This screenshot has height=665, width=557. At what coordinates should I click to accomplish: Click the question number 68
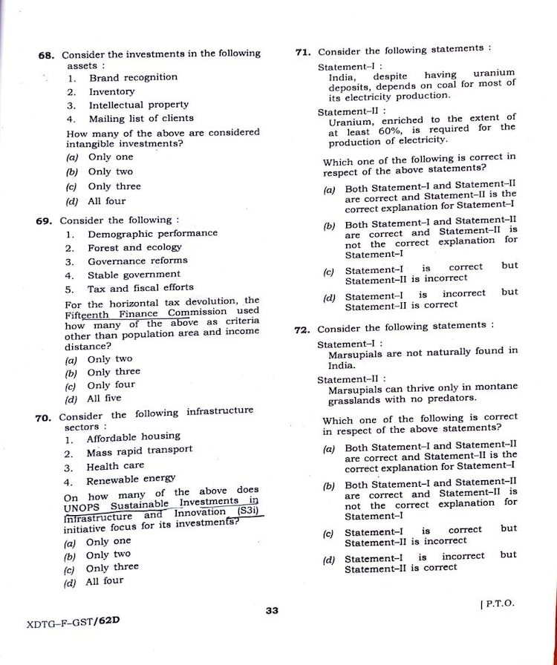pos(46,55)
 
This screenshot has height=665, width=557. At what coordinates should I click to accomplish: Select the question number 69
pos(45,220)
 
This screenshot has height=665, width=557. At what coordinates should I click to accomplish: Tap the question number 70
pos(43,418)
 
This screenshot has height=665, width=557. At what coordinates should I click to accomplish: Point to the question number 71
pos(303,52)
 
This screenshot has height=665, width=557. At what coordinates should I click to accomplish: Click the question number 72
pos(302,330)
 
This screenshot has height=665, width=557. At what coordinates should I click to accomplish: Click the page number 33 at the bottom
pos(271,610)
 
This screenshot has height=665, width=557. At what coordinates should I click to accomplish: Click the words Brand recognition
pos(134,77)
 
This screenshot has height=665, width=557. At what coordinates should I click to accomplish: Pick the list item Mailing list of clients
pos(141,118)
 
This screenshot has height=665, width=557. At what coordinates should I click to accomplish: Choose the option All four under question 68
pos(106,201)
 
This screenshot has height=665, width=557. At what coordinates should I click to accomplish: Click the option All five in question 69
pos(104,398)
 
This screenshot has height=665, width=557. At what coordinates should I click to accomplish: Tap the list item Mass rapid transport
pos(139,451)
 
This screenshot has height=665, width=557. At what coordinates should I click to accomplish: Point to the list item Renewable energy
pos(131,479)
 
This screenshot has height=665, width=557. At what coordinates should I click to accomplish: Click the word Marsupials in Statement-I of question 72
pos(354,355)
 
